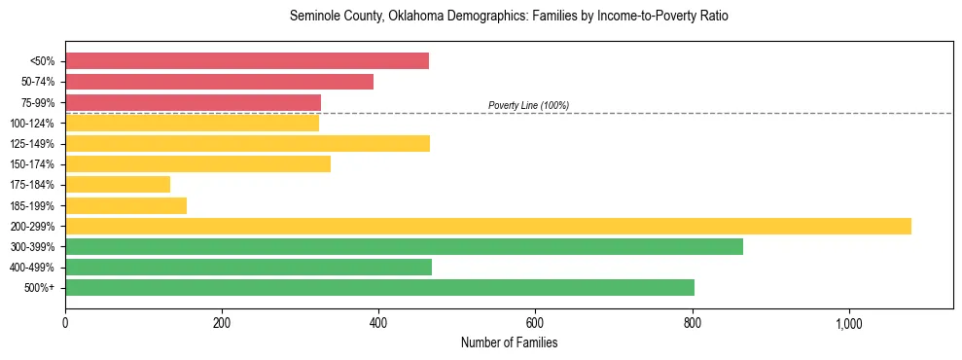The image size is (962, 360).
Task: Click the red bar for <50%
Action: click(247, 61)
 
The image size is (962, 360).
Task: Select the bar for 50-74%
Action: click(219, 82)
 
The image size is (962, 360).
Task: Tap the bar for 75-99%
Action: click(193, 102)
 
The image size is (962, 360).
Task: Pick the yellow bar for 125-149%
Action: click(247, 144)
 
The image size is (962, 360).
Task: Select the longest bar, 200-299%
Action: click(488, 227)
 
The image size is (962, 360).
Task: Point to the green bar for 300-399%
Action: click(404, 247)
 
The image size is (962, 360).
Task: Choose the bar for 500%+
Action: click(379, 288)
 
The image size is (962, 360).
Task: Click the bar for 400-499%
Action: click(248, 268)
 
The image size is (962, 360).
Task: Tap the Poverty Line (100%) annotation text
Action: click(528, 105)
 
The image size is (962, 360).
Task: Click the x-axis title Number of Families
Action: click(509, 342)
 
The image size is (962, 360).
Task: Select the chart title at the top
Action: click(509, 17)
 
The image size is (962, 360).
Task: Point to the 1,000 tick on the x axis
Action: click(849, 323)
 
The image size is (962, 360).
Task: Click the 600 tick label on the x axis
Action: click(535, 323)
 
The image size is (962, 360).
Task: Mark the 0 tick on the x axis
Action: click(65, 323)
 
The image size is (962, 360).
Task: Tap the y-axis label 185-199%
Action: click(32, 206)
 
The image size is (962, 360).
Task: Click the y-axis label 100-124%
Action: click(32, 124)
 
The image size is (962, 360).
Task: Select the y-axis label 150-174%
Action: click(32, 164)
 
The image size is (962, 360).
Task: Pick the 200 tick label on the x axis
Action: click(222, 323)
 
